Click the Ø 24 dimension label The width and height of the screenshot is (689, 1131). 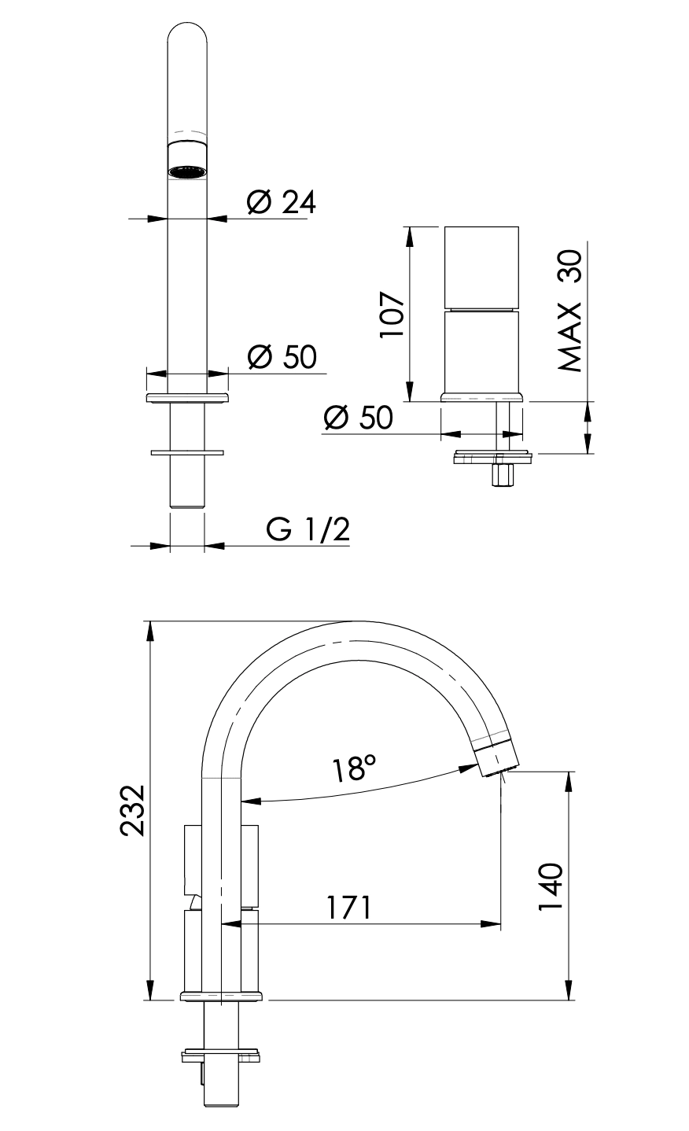[281, 202]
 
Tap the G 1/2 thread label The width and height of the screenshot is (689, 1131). [308, 529]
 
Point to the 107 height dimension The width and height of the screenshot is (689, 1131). [392, 314]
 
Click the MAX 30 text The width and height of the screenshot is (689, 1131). [570, 311]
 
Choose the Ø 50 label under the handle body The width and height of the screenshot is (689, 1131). [358, 418]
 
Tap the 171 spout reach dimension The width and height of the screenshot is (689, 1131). [348, 908]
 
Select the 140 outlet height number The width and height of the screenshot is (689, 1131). [551, 886]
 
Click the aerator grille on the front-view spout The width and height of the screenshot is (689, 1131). [187, 172]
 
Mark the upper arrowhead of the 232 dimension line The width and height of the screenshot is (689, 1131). [150, 631]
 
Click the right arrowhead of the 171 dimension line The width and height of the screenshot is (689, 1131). [491, 924]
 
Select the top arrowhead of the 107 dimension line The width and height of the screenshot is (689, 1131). [409, 237]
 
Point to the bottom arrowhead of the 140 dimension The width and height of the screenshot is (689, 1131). [569, 989]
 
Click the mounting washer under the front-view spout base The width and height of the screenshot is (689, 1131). [186, 452]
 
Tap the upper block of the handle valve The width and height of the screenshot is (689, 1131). [481, 267]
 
